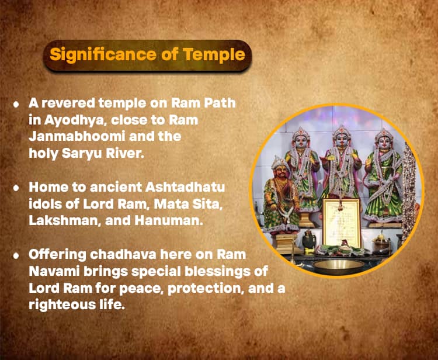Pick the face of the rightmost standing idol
(x=384, y=143)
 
